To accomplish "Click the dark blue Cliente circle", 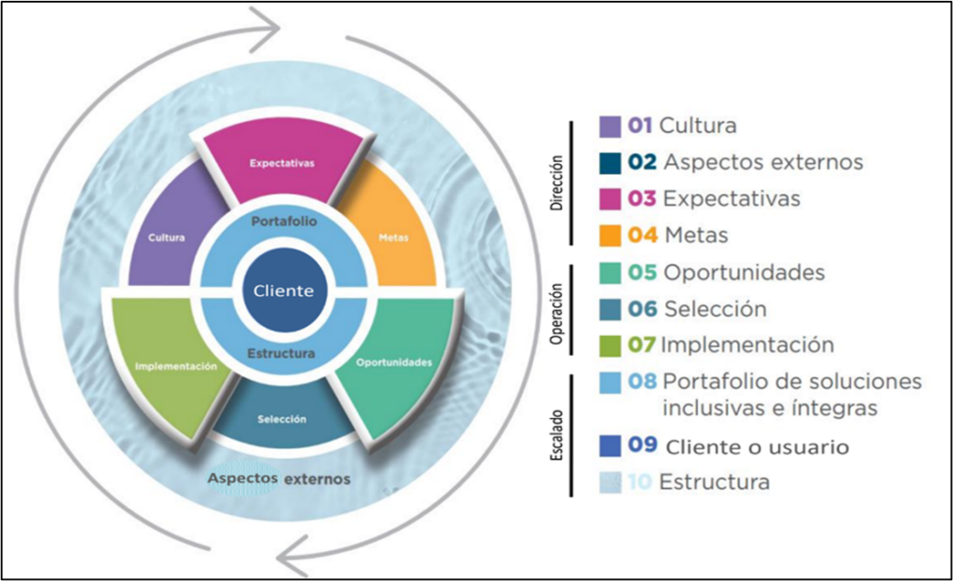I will coord(283,290).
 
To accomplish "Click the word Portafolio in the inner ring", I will coord(284,223).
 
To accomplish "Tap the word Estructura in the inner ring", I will coord(282,354).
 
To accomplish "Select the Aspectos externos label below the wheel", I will coord(278,479).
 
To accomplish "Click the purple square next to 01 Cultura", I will coord(611,126).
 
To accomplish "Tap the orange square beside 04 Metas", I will coord(611,236).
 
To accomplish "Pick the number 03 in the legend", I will coord(642,199).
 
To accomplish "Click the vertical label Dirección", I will coord(557,179).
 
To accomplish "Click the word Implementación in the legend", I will coord(747,345).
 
